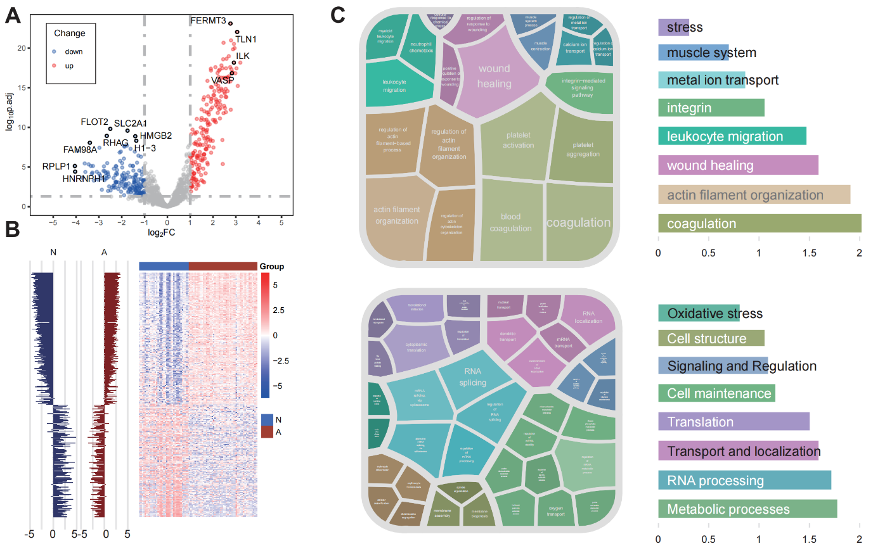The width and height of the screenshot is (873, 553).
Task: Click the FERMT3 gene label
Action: coord(208,21)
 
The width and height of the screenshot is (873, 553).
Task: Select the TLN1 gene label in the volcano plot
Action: coord(246,39)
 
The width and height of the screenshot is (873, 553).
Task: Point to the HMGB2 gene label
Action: coord(156,136)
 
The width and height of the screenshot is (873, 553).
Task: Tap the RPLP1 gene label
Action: coord(56,167)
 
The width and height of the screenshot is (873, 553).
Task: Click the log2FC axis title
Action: coord(162,232)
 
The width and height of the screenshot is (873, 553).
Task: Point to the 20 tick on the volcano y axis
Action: coord(22,48)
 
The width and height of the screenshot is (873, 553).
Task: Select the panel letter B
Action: coord(12,229)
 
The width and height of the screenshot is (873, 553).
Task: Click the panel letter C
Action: coord(338,15)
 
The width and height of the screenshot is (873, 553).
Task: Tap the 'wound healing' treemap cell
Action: coord(494,77)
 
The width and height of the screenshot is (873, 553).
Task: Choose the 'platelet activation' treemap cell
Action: coord(518,141)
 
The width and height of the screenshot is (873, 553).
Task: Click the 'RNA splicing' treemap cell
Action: coord(473,377)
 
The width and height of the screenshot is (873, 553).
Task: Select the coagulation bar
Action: coord(760,224)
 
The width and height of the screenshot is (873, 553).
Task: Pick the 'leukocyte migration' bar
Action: coord(732,136)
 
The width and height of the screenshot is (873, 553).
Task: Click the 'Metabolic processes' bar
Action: coord(747,509)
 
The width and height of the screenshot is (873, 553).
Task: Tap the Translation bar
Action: coord(734,422)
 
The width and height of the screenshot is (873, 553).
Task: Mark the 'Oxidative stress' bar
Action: coord(699,314)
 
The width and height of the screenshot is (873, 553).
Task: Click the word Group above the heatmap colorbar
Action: coord(272,267)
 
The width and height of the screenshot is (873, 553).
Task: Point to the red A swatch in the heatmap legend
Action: coord(267,432)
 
